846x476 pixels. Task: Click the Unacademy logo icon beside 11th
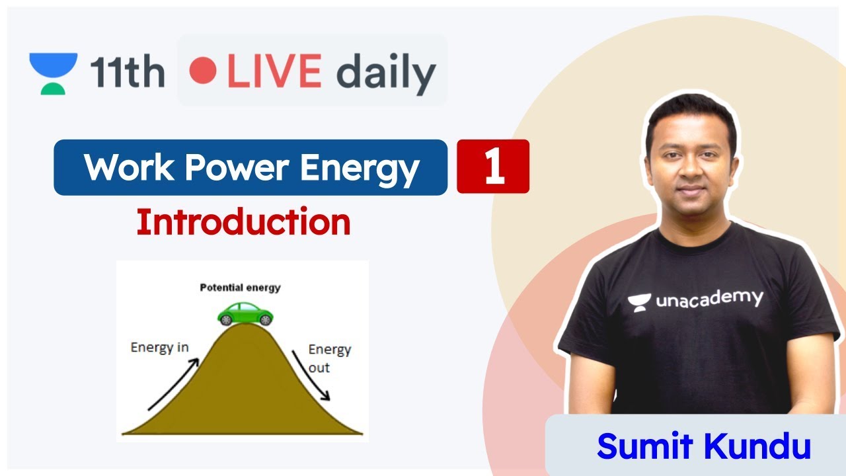tap(53, 73)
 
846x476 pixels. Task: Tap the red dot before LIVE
tap(202, 71)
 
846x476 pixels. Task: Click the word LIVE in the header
tap(274, 71)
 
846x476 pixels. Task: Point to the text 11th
tap(128, 72)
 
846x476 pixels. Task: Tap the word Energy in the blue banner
tap(360, 168)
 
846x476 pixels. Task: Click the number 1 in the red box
tap(494, 167)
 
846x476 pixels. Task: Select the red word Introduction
tap(243, 223)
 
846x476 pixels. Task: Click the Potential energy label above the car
tap(240, 288)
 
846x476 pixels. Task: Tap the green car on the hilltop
tap(246, 313)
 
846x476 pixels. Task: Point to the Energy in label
tap(159, 347)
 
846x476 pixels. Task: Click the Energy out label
tap(329, 358)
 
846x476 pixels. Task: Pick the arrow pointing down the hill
tap(311, 376)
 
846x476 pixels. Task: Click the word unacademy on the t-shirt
tap(709, 299)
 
